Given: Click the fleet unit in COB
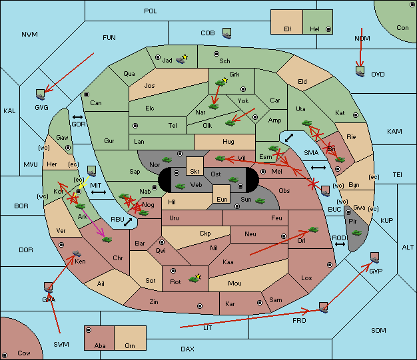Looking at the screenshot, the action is click(x=227, y=33).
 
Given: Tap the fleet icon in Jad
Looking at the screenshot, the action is click(x=181, y=60).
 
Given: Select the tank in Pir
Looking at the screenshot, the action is click(x=356, y=233).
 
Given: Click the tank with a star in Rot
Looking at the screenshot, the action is click(x=194, y=279).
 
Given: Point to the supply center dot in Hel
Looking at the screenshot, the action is click(x=328, y=29).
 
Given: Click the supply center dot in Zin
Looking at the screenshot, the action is click(x=200, y=306).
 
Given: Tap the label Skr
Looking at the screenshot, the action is click(x=195, y=172).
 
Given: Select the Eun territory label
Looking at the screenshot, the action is click(x=222, y=199).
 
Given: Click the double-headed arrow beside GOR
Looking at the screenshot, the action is click(x=78, y=117).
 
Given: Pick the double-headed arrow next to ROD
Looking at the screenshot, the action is click(x=340, y=244).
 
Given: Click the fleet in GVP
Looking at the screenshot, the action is click(x=375, y=258).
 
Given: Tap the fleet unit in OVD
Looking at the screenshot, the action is click(x=360, y=71).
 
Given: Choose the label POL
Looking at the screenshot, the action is click(x=151, y=11).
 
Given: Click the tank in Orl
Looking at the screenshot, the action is click(x=313, y=230).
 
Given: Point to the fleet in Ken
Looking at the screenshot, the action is click(x=77, y=253).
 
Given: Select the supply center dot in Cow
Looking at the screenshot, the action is click(x=5, y=355).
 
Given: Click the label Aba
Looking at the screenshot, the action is click(x=100, y=345).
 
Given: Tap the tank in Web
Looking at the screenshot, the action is click(x=180, y=186).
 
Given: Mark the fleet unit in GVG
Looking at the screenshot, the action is click(x=41, y=94).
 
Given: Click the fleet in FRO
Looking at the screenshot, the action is click(x=323, y=307).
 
